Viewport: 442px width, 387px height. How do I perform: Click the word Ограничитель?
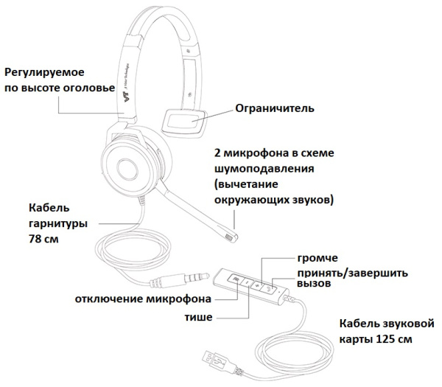pyautogui.click(x=274, y=108)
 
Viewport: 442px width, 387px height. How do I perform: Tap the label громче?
pyautogui.click(x=317, y=259)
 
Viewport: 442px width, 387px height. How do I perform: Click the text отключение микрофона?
pyautogui.click(x=143, y=299)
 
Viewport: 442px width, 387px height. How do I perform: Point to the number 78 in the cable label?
pyautogui.click(x=36, y=240)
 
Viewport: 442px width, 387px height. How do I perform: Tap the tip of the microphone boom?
pyautogui.click(x=231, y=238)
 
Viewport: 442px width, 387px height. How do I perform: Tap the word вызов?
pyautogui.click(x=313, y=285)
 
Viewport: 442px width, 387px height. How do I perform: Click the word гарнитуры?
pyautogui.click(x=57, y=223)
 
